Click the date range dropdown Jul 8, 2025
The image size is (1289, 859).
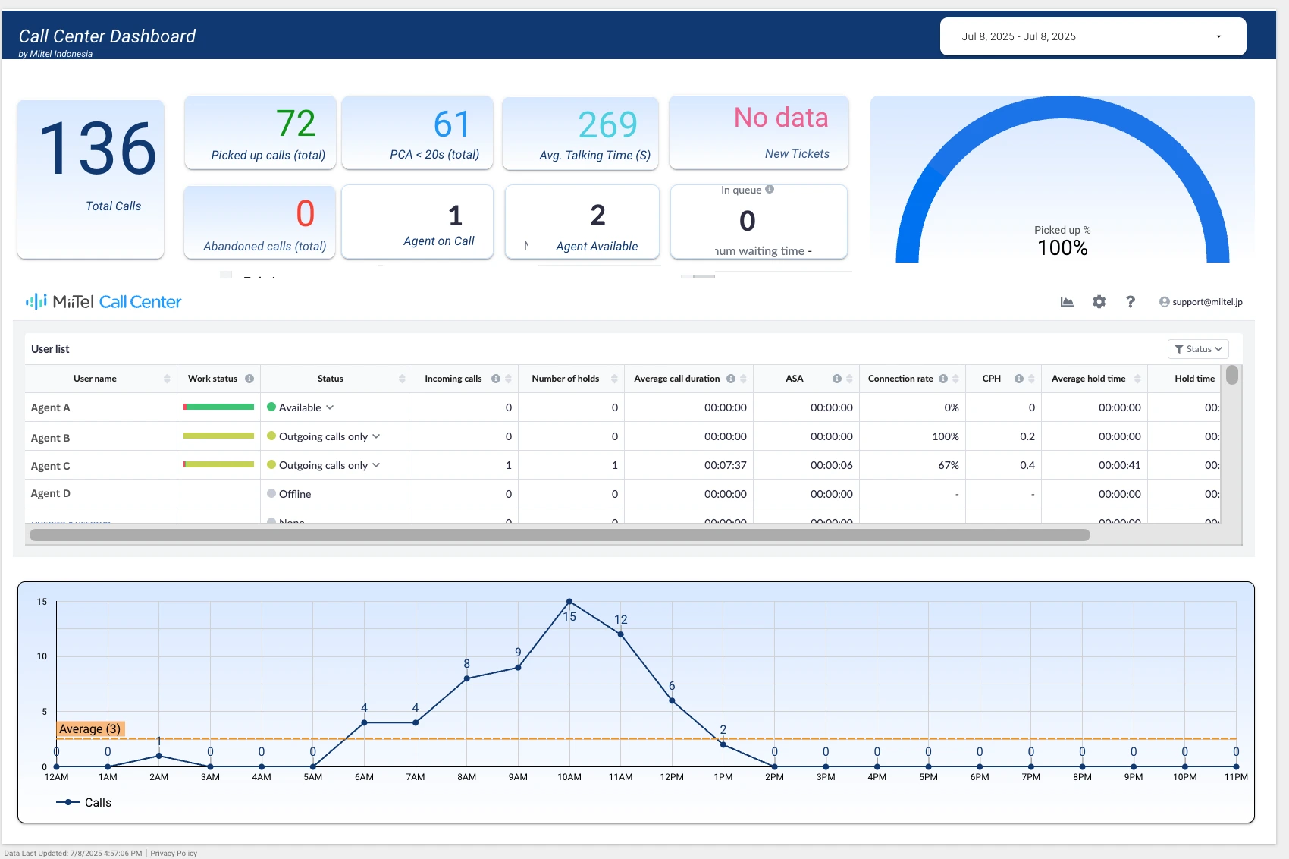(1092, 36)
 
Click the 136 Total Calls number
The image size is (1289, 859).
(98, 149)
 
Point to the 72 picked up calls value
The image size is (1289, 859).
(296, 124)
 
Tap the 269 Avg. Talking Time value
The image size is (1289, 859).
(607, 125)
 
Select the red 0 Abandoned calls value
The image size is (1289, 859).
(305, 214)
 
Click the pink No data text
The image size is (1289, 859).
(780, 118)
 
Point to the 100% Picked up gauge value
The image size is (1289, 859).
(1062, 248)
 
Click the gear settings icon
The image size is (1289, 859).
(1099, 302)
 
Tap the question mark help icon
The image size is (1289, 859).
(1130, 302)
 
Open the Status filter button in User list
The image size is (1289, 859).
(1197, 349)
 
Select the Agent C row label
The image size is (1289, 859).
(51, 466)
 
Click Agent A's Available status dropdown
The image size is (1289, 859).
(301, 407)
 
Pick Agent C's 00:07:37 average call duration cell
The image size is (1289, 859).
(725, 465)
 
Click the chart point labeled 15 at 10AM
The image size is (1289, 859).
(569, 602)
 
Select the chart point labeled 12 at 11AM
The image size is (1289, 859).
(621, 634)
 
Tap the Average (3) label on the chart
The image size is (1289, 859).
(89, 729)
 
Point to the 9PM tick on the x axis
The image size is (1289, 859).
(1133, 777)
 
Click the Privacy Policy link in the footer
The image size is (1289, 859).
(174, 854)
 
